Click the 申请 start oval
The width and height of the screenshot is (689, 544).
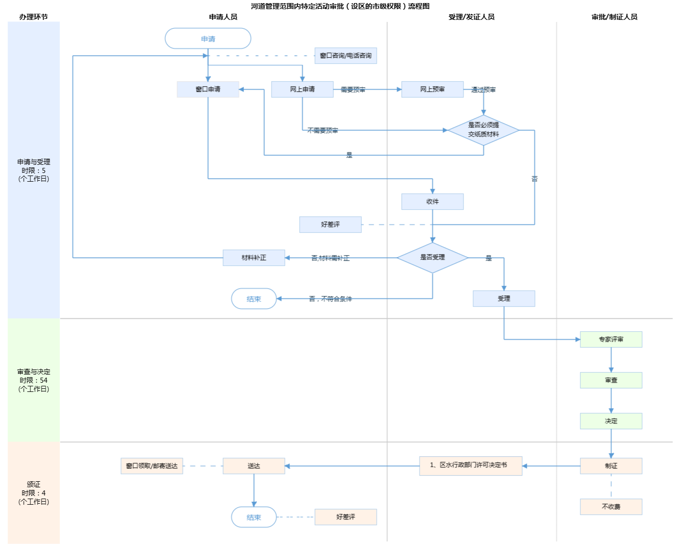(x=208, y=39)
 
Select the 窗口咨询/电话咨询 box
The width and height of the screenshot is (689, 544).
(x=346, y=56)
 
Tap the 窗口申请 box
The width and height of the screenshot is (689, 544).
(x=208, y=89)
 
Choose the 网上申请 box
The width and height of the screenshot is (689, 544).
(x=302, y=89)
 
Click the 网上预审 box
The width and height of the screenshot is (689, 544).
(x=432, y=89)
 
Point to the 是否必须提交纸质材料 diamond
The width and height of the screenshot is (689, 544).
(x=483, y=130)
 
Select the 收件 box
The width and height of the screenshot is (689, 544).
(x=432, y=202)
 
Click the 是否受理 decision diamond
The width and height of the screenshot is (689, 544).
(x=432, y=257)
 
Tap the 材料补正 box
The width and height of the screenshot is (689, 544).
(x=254, y=258)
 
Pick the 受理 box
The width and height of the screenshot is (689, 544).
(x=504, y=299)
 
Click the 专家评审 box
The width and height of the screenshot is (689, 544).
(x=611, y=339)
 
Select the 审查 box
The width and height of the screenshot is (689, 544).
(x=611, y=380)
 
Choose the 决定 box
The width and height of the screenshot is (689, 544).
(x=611, y=421)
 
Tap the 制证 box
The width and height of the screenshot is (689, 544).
(x=611, y=466)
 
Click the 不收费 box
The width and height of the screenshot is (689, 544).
(x=611, y=507)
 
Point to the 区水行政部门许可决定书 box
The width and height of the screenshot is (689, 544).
(x=471, y=465)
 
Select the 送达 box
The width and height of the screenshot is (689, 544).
(x=254, y=466)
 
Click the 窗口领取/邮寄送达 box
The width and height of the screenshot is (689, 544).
(x=152, y=466)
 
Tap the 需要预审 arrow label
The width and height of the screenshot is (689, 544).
(x=353, y=90)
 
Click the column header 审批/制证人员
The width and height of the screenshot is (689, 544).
(x=614, y=17)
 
